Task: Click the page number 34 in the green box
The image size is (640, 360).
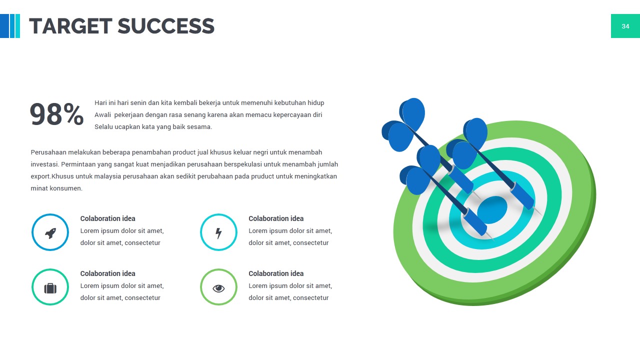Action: (625, 26)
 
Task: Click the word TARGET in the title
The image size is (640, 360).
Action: (70, 26)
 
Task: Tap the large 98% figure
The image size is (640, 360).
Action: (56, 114)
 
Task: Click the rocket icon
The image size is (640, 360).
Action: (50, 232)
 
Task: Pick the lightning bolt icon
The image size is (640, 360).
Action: (218, 232)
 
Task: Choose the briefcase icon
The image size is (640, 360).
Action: (50, 288)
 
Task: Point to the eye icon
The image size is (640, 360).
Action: (218, 288)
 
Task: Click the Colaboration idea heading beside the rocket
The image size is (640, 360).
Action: (107, 218)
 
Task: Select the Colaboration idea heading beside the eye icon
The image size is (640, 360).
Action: (276, 273)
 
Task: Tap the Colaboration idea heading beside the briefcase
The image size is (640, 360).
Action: (107, 273)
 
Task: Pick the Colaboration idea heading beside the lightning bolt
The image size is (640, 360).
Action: (276, 218)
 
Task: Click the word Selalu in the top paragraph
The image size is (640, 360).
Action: (103, 127)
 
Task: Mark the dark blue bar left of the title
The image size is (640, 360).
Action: (4, 26)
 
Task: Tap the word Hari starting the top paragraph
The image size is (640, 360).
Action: (100, 103)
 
